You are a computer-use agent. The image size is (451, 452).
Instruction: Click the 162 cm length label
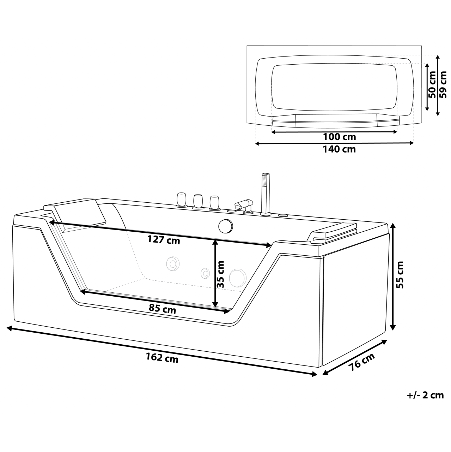[162, 358]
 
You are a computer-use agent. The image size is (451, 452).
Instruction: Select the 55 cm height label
[400, 275]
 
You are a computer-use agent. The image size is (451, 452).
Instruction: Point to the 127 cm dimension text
[164, 240]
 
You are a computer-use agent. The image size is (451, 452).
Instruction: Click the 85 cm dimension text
[162, 309]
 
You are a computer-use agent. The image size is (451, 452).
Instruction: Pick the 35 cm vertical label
[220, 274]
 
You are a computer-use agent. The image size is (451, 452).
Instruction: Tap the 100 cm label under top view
[339, 137]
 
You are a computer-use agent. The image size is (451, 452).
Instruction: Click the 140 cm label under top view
[339, 149]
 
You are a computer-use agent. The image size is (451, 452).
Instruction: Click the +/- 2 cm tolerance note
[425, 395]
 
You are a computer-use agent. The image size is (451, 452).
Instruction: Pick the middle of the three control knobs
[198, 201]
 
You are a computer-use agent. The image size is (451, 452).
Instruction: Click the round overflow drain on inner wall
[225, 226]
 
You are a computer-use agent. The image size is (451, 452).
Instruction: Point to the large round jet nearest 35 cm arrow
[237, 277]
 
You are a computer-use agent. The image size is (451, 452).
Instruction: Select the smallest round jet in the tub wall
[205, 273]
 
